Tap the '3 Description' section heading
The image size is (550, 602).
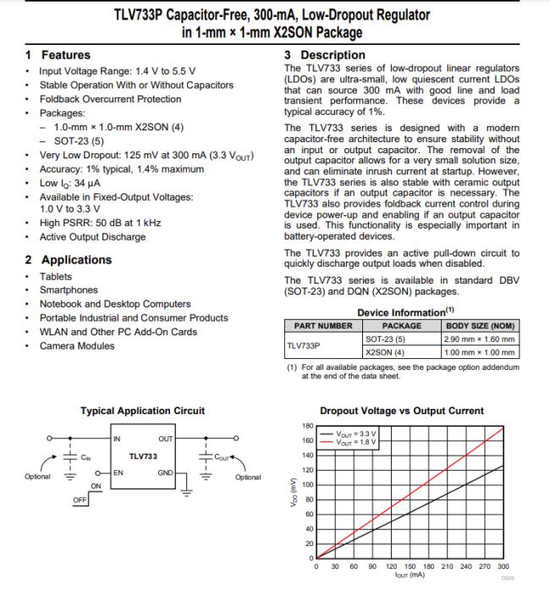click(325, 55)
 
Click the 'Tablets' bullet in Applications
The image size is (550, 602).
click(56, 277)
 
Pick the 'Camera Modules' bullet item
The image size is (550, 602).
click(77, 345)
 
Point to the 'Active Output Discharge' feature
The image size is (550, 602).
click(93, 236)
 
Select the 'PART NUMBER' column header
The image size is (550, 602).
click(323, 325)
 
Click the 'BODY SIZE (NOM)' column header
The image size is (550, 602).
click(480, 325)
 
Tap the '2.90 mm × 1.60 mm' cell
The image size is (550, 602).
click(479, 339)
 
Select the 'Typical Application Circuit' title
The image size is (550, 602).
click(142, 411)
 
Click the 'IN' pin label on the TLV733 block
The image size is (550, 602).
click(118, 439)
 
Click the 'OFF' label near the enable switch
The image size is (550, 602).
click(80, 500)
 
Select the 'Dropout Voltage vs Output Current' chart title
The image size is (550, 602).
click(402, 411)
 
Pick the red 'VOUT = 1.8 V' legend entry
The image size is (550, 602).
click(358, 442)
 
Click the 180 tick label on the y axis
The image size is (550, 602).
click(308, 425)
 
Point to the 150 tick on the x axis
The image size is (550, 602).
click(410, 566)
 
